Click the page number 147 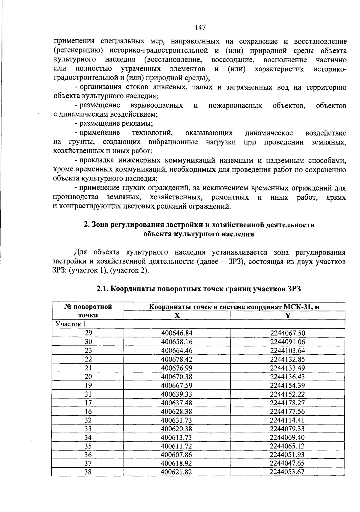200,28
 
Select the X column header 177,315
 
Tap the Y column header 288,315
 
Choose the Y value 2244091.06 287,342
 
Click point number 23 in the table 88,350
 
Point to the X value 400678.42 177,359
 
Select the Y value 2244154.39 287,385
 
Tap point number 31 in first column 88,394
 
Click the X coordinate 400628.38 177,411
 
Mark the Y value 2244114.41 287,420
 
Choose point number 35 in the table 88,446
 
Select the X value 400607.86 177,455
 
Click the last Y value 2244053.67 287,472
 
